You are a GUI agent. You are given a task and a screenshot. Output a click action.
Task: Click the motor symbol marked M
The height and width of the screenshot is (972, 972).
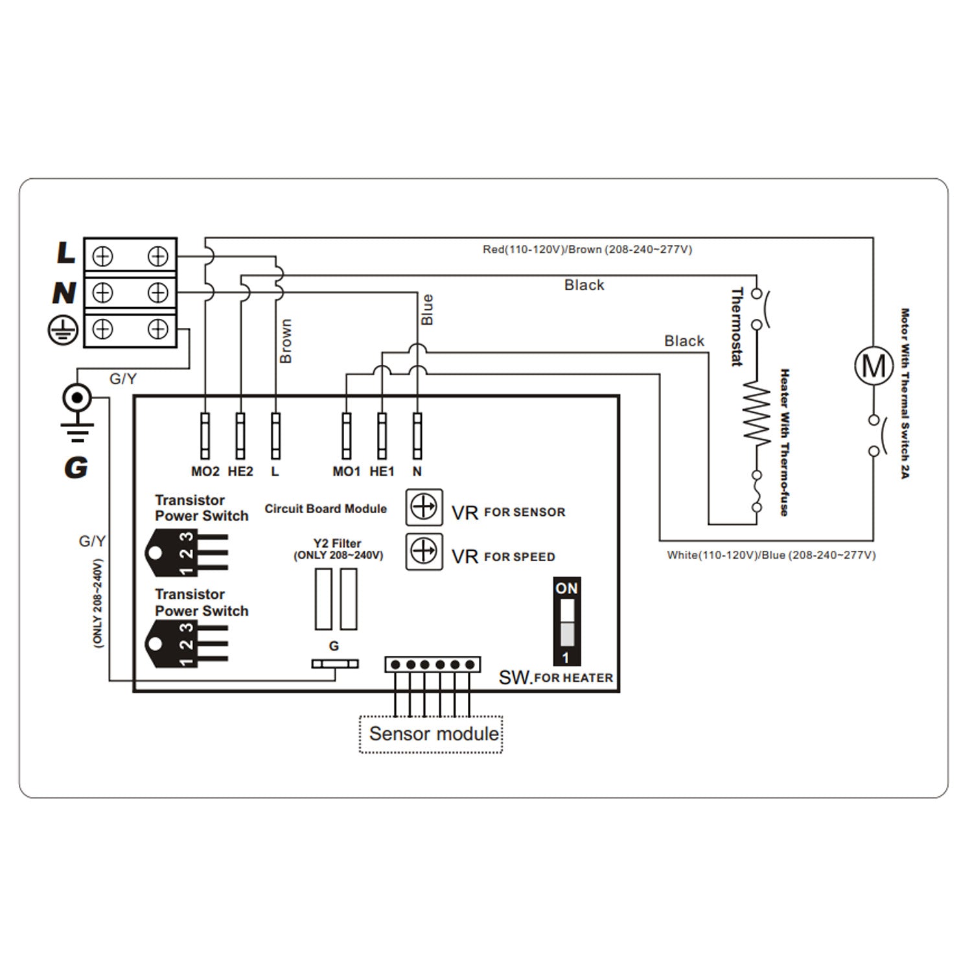pos(874,365)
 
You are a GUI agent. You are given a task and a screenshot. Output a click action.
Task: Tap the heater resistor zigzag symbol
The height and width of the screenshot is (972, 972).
pos(756,413)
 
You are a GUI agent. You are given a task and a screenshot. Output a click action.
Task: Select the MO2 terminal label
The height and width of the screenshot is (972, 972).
pos(205,472)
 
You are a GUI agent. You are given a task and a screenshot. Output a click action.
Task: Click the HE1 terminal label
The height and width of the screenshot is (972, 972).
pos(382,472)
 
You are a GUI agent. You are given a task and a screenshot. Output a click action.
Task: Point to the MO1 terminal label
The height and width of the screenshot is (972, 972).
pos(346,472)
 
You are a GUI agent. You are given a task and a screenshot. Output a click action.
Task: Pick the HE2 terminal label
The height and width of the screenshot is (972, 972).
pos(240,472)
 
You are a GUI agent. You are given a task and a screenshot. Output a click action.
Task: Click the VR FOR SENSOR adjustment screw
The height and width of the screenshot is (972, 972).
pos(424,507)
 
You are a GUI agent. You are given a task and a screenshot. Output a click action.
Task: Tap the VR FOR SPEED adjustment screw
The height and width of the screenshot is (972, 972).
pos(424,551)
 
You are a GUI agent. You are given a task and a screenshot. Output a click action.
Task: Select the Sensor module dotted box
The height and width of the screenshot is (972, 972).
pos(431,734)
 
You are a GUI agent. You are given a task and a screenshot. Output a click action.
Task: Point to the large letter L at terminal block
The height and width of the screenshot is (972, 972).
pos(65,253)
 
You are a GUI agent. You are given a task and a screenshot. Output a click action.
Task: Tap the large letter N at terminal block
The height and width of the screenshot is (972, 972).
pos(64,293)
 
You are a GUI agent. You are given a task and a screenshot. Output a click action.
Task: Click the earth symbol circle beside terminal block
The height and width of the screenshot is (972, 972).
pos(63,330)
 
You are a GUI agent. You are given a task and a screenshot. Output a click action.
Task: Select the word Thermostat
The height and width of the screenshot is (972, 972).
pos(737,327)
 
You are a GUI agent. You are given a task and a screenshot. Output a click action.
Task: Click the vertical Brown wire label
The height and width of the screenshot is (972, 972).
pos(286,341)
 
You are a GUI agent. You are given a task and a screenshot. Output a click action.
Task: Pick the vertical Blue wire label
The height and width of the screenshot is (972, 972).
pos(427,309)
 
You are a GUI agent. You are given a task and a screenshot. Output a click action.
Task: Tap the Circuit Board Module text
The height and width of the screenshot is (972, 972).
pos(325,509)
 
